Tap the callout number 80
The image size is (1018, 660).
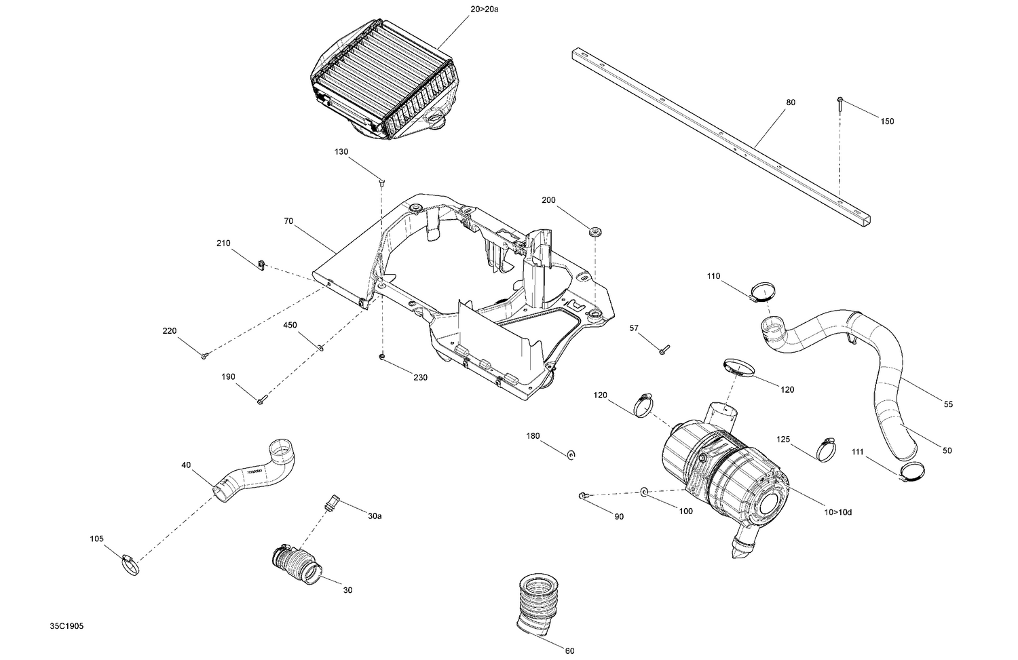(x=791, y=102)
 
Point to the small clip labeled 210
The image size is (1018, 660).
(x=261, y=264)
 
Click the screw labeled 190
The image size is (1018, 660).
(x=260, y=401)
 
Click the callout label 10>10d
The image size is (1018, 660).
(x=837, y=512)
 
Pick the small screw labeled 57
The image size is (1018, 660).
(x=664, y=349)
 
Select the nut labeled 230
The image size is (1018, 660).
(x=383, y=356)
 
